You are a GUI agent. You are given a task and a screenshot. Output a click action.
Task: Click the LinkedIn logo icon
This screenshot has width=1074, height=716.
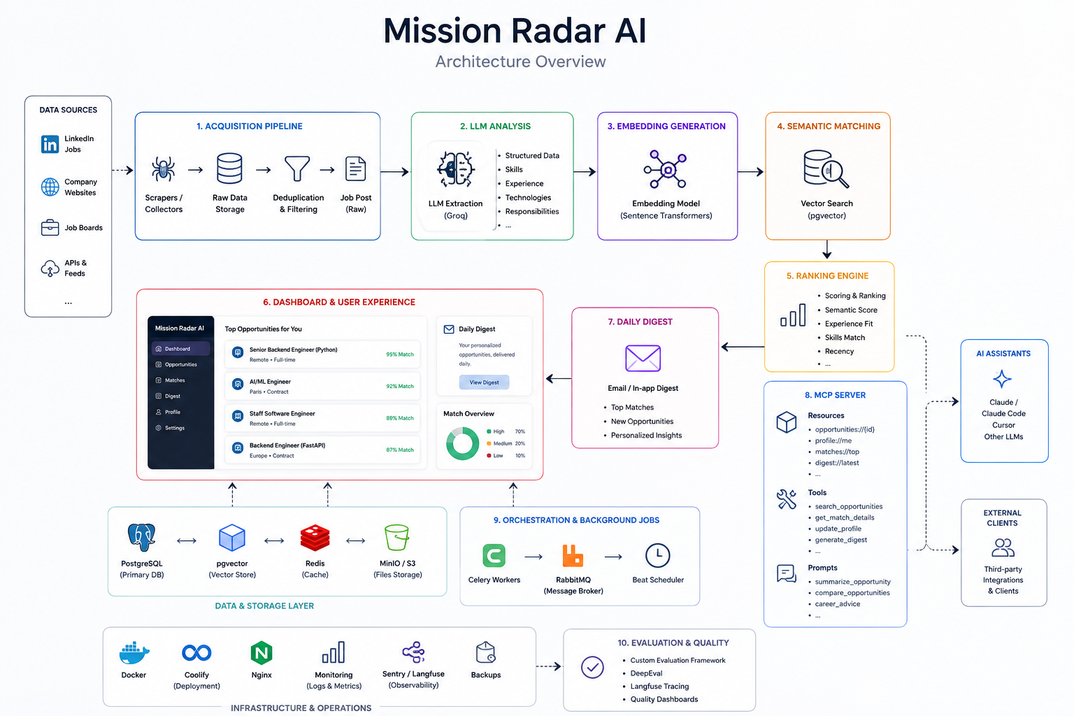(x=50, y=144)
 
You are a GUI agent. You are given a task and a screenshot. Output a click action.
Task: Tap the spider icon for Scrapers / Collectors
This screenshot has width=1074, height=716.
(x=163, y=169)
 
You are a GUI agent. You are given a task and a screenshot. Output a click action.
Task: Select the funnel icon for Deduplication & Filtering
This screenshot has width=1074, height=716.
(x=297, y=169)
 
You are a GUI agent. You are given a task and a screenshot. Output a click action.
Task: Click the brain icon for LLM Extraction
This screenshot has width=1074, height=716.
(x=455, y=169)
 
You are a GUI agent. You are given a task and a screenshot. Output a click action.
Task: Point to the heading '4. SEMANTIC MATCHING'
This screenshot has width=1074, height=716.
(x=829, y=126)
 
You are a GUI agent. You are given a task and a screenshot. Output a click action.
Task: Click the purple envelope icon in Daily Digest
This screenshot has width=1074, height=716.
(x=643, y=358)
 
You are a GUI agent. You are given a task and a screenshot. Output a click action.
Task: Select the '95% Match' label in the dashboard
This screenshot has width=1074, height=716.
(x=400, y=355)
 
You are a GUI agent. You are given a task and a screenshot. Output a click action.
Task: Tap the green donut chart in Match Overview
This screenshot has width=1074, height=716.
(x=462, y=443)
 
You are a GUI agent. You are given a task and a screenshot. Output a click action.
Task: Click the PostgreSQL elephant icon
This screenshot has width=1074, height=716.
(x=141, y=537)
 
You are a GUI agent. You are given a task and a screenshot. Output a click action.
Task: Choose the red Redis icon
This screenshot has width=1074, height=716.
(x=315, y=538)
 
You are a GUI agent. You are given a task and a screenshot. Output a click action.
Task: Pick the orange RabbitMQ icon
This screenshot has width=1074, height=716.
(x=573, y=556)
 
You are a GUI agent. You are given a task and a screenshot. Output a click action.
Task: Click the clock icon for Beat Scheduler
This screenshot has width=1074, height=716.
(x=657, y=555)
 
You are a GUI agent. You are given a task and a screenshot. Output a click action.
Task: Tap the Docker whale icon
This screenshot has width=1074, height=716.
(x=134, y=652)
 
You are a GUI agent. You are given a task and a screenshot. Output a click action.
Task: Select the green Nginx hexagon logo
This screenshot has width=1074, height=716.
(x=262, y=652)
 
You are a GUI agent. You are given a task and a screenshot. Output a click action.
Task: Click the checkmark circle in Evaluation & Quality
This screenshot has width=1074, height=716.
(x=592, y=667)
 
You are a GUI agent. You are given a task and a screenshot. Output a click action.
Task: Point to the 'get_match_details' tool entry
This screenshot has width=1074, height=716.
(x=845, y=517)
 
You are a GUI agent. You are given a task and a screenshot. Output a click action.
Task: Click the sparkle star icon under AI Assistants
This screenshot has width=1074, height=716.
(x=1001, y=379)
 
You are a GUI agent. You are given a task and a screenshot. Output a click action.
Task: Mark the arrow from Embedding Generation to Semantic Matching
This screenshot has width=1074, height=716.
(x=750, y=172)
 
